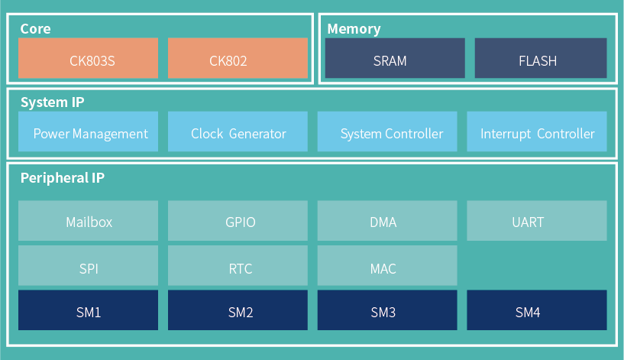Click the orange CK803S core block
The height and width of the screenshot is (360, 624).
(88, 58)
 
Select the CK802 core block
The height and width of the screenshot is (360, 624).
(238, 58)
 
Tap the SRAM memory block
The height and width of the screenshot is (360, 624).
(395, 58)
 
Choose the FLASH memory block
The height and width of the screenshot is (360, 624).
(541, 58)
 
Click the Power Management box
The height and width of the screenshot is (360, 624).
(88, 131)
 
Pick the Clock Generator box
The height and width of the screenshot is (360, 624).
(238, 131)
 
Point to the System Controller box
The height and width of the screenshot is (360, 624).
(387, 131)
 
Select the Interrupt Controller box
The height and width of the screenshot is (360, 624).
(536, 131)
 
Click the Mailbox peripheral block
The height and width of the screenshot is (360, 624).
(88, 221)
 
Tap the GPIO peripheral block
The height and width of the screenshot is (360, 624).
(238, 221)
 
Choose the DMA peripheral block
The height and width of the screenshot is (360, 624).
(387, 221)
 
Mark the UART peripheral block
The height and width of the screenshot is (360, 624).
(536, 221)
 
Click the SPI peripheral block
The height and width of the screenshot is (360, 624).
(88, 265)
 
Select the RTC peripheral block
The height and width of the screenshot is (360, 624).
(238, 265)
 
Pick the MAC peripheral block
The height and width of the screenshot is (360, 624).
(387, 265)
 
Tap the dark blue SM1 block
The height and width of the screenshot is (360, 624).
(88, 310)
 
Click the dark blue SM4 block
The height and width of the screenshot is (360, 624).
(536, 310)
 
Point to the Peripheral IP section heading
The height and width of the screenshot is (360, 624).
(63, 178)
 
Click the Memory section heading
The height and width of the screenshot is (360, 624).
(354, 29)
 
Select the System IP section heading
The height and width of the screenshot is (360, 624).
(52, 102)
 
